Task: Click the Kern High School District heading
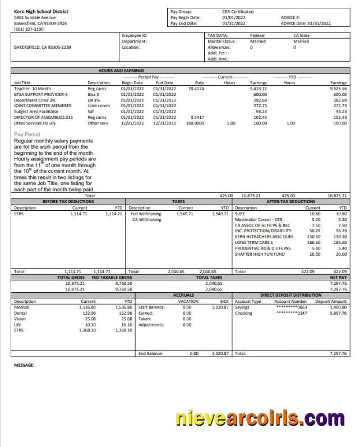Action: click(41, 11)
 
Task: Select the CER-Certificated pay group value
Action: click(238, 11)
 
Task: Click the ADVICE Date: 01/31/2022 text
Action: click(306, 24)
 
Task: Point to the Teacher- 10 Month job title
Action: click(33, 89)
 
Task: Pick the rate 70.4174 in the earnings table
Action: click(196, 89)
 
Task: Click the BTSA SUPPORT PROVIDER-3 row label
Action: click(40, 94)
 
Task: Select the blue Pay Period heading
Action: click(27, 135)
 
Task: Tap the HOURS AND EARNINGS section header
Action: click(122, 71)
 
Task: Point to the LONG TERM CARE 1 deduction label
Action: click(254, 242)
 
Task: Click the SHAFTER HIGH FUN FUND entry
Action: click(260, 254)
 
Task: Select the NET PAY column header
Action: click(338, 277)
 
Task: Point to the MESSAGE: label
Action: click(24, 365)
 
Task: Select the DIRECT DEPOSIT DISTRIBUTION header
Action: click(290, 294)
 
